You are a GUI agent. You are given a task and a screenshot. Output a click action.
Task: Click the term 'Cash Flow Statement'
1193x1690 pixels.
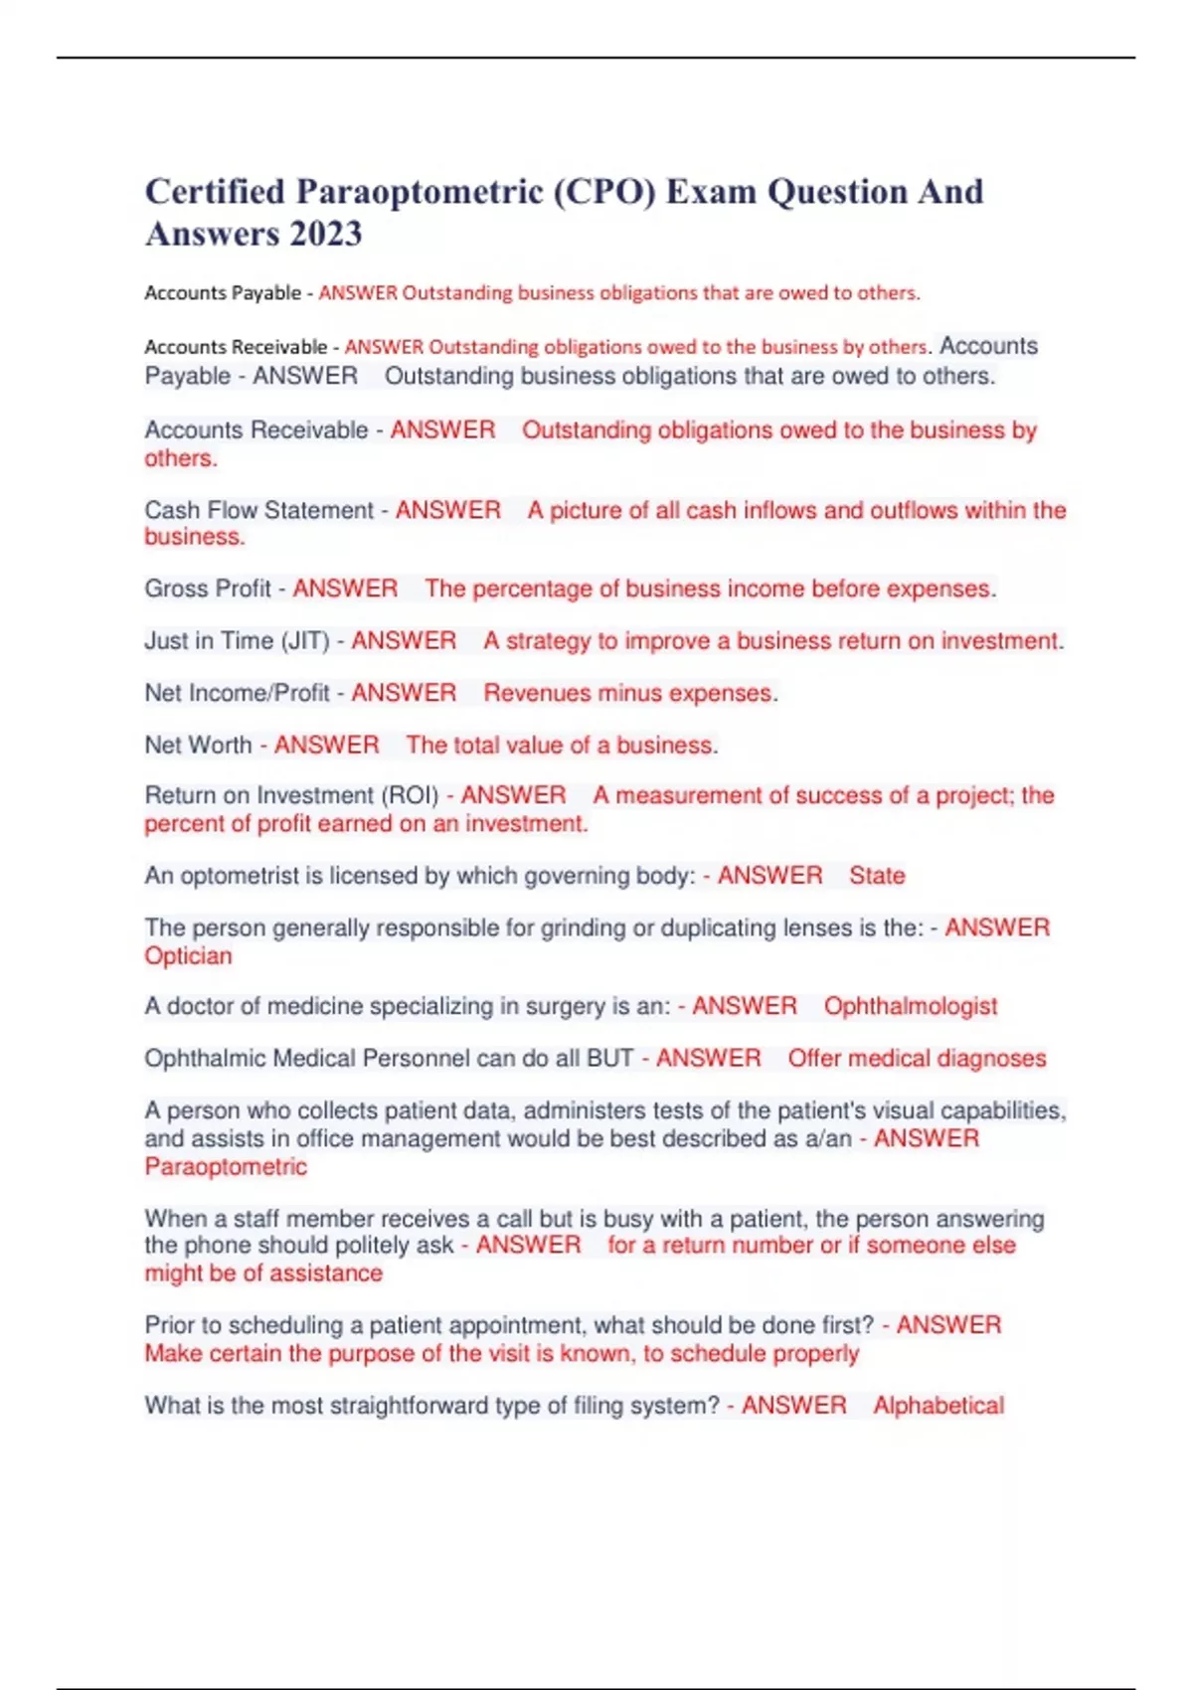(x=258, y=510)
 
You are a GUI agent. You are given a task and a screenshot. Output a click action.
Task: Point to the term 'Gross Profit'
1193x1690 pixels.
(x=207, y=589)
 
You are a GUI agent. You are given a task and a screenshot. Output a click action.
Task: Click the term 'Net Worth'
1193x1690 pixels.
(x=198, y=746)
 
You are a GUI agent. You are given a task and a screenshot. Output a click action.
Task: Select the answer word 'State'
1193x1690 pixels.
(x=877, y=876)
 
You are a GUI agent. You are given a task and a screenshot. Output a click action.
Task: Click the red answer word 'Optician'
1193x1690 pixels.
(x=188, y=956)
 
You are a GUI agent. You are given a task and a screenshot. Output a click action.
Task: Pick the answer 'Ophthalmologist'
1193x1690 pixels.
(x=910, y=1006)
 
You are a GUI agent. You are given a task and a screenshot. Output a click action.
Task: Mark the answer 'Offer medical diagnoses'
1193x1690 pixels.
(x=917, y=1059)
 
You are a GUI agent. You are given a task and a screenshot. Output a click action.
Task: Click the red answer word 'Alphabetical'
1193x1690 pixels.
(x=938, y=1406)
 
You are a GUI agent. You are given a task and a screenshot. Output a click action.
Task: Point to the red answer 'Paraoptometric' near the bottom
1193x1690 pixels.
(x=226, y=1167)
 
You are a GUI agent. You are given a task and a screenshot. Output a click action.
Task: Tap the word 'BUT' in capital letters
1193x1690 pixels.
(x=610, y=1059)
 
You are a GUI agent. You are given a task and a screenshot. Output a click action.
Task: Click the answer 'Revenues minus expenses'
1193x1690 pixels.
(x=627, y=693)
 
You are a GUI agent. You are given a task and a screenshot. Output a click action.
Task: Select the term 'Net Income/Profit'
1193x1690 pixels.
(x=237, y=693)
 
